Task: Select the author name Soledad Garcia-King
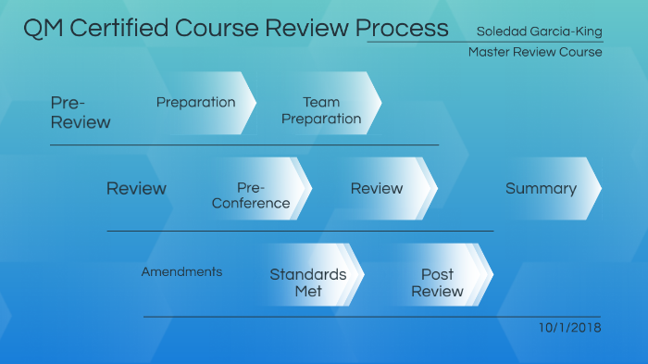[539, 31]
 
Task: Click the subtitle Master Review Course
[535, 52]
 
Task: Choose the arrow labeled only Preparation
[196, 102]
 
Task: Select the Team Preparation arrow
[321, 110]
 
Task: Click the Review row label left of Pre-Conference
[136, 189]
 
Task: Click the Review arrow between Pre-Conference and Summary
[377, 189]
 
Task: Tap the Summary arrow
[542, 189]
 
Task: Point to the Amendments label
[181, 271]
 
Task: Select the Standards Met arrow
[308, 282]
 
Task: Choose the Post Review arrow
[438, 282]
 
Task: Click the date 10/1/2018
[569, 328]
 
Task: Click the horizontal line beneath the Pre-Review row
[244, 145]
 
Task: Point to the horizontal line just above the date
[370, 317]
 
